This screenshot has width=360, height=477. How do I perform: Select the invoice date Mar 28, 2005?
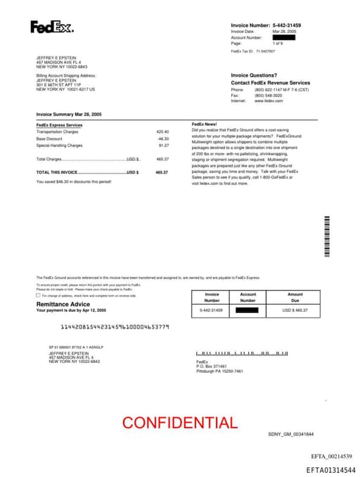click(x=284, y=32)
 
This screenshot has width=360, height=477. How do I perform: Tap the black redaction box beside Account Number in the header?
click(x=283, y=37)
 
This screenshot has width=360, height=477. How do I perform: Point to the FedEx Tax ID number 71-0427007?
click(x=266, y=51)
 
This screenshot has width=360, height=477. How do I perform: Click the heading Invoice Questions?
click(x=254, y=75)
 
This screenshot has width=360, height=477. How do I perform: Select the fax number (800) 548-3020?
click(x=269, y=95)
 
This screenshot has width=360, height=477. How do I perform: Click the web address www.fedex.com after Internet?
click(x=269, y=101)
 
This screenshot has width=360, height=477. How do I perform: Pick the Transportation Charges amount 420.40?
click(x=162, y=132)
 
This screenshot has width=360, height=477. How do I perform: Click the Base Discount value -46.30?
click(x=163, y=139)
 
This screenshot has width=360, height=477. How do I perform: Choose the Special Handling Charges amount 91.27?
click(x=164, y=145)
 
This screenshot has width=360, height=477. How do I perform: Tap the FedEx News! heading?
click(x=205, y=125)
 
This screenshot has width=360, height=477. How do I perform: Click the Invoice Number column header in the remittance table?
click(x=212, y=298)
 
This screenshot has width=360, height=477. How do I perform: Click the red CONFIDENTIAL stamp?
click(x=180, y=423)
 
